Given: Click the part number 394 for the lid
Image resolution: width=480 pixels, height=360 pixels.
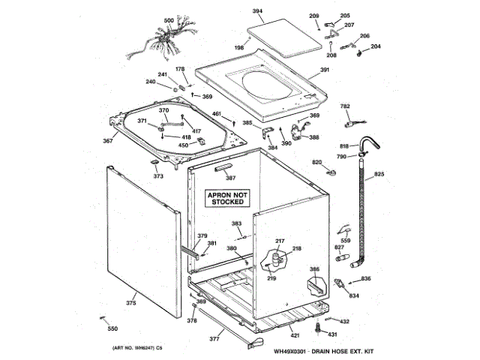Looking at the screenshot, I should point(257,11).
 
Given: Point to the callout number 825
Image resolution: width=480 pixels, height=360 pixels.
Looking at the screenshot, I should point(379,175).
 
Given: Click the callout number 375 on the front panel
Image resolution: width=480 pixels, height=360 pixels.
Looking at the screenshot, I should point(130,304).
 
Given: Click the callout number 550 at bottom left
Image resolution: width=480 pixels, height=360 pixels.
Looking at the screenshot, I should point(112,329).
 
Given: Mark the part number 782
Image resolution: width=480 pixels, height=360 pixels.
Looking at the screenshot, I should point(346,107).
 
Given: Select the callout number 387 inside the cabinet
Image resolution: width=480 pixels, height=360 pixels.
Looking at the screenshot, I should point(231,178).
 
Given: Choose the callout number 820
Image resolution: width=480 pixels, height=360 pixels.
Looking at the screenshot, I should point(316,163).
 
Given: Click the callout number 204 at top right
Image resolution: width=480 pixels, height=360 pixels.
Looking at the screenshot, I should point(376,46).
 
